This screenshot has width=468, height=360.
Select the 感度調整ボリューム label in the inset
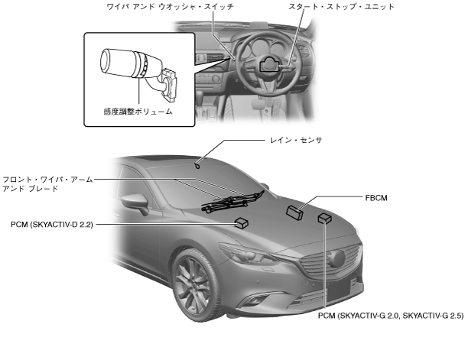(138, 112)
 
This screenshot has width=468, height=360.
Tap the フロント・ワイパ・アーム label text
(47, 179)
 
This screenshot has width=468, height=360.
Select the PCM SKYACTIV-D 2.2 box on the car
(242, 223)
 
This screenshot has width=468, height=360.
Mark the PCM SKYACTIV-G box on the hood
(325, 219)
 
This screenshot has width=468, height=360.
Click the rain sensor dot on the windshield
(197, 164)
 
